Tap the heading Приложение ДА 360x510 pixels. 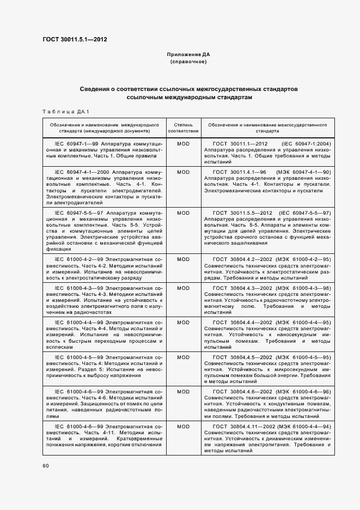click(x=188, y=55)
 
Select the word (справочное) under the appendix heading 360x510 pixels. click(x=188, y=62)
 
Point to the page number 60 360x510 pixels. click(x=46, y=465)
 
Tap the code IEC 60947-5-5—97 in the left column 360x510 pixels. click(x=78, y=213)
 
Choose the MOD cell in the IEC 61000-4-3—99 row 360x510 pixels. click(x=183, y=288)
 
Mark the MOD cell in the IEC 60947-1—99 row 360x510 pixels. click(x=183, y=144)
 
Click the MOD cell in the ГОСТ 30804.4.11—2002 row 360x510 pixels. click(x=183, y=426)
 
